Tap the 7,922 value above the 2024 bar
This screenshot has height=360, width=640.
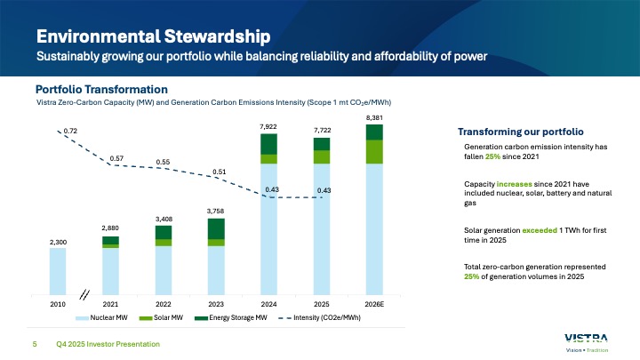tap(268, 127)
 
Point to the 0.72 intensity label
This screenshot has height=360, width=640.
tap(70, 131)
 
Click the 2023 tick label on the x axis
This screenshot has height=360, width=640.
tap(216, 303)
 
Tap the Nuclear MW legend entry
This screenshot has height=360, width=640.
tap(101, 317)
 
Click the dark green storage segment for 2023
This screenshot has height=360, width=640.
tap(216, 228)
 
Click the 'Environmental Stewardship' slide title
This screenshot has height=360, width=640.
tap(152, 36)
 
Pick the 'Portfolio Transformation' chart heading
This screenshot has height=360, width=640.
tap(101, 89)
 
